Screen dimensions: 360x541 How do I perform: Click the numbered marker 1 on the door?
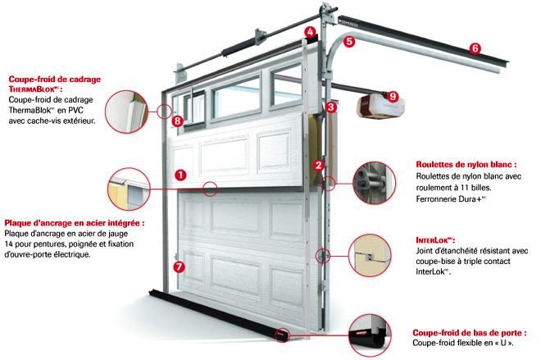(180, 174)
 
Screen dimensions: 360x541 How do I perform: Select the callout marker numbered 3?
(330, 107)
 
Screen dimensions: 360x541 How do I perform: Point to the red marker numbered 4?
(310, 33)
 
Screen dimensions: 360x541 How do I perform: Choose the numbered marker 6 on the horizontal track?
(475, 48)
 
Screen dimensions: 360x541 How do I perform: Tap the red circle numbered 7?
(180, 266)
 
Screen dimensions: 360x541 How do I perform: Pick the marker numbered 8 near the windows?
(178, 121)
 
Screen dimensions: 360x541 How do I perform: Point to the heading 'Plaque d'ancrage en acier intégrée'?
(74, 222)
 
